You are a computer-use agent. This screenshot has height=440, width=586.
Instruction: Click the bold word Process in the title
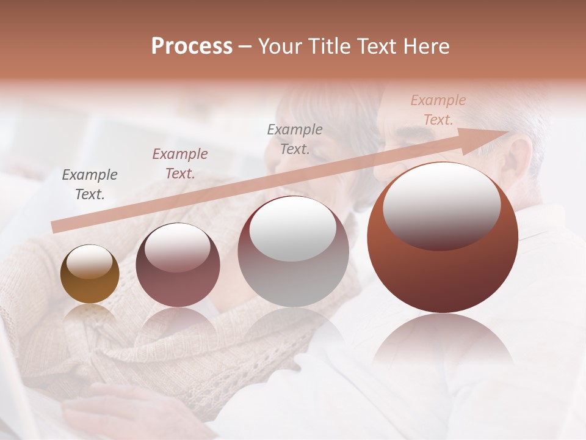192,46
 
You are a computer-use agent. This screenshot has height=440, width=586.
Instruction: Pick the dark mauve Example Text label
180,163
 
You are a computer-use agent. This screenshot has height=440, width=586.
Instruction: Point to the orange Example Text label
438,109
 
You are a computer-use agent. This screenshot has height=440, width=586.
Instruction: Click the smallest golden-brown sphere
90,274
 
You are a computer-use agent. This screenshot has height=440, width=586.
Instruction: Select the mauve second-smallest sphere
178,265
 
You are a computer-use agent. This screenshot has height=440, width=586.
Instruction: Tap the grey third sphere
293,251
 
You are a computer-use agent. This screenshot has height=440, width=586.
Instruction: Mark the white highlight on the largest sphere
441,205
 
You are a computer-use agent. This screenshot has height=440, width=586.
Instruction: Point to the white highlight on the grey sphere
293,227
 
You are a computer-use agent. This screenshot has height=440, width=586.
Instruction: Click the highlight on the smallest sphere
90,261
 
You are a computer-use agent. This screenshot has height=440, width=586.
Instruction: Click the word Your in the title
278,46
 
